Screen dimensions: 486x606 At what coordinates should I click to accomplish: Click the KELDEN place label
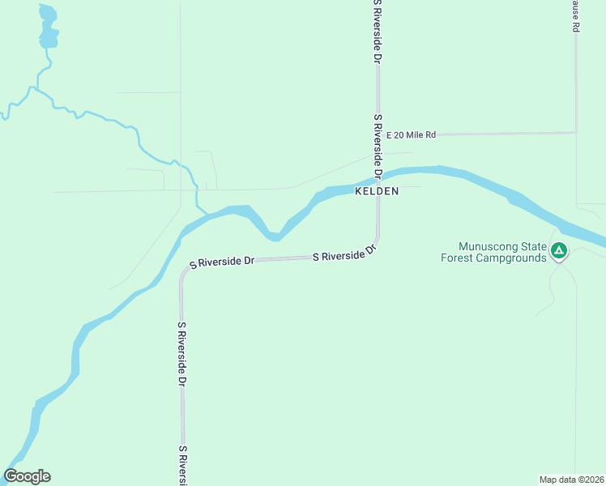[377, 191]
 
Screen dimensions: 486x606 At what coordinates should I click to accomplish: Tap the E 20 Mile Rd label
[412, 134]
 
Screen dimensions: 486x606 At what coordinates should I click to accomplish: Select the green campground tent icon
[558, 251]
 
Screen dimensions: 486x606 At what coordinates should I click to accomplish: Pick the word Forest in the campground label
[457, 258]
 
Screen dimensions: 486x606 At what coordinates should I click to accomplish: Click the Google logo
[27, 476]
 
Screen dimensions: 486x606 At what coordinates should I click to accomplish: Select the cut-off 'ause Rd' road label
[575, 15]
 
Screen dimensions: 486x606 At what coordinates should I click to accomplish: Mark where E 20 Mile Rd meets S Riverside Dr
[378, 134]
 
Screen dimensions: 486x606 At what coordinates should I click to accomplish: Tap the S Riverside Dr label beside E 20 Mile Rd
[378, 146]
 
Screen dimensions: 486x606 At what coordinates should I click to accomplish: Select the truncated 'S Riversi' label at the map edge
[184, 465]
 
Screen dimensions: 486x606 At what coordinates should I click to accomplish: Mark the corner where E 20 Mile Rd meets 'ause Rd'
[576, 132]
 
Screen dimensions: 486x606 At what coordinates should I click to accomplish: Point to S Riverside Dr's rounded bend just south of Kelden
[374, 245]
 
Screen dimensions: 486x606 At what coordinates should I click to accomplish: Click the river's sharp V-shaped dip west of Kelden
[275, 237]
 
